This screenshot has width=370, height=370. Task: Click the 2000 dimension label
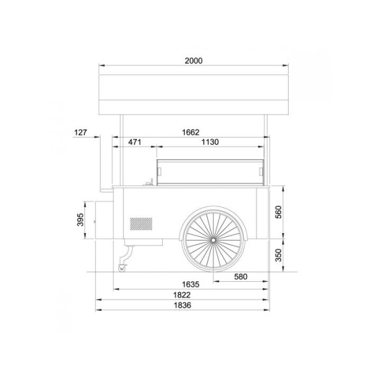pyautogui.click(x=194, y=60)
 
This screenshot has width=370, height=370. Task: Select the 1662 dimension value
pyautogui.click(x=191, y=132)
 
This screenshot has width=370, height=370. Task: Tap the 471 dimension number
pyautogui.click(x=134, y=142)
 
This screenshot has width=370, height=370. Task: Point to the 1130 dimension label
pyautogui.click(x=210, y=142)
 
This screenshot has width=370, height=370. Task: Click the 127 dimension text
pyautogui.click(x=81, y=133)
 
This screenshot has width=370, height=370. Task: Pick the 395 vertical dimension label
pyautogui.click(x=80, y=220)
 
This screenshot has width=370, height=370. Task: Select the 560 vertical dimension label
pyautogui.click(x=279, y=212)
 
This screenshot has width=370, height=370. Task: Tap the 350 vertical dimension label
pyautogui.click(x=279, y=255)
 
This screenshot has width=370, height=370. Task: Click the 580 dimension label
pyautogui.click(x=240, y=276)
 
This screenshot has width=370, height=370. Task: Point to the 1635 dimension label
pyautogui.click(x=191, y=284)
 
